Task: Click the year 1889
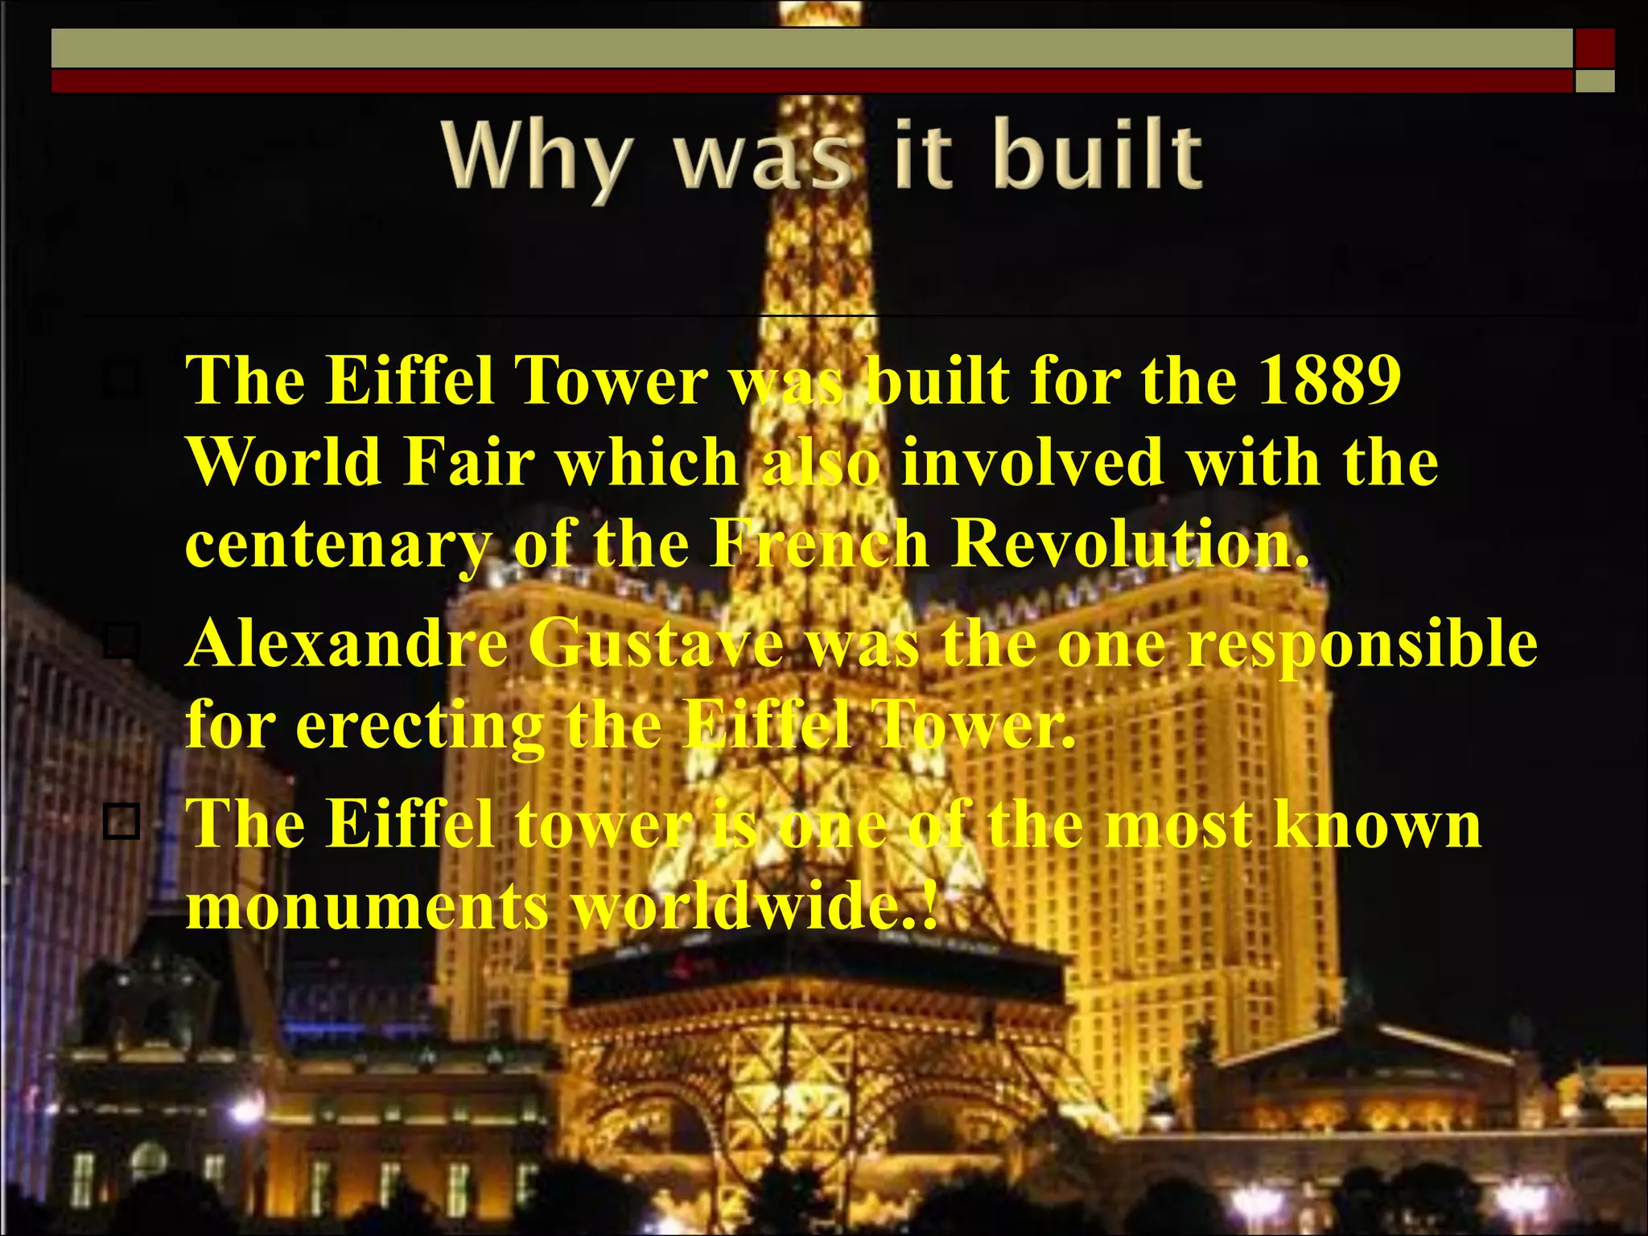1329,380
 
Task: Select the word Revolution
1131,544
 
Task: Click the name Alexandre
347,645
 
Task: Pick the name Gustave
657,645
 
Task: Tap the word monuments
367,907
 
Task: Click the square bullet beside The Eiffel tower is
122,822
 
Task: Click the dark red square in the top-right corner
1595,48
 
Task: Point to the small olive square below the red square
1595,81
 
